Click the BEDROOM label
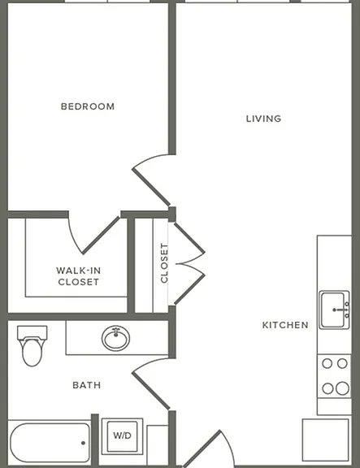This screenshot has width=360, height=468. click(x=88, y=106)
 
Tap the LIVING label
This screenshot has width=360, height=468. click(x=263, y=119)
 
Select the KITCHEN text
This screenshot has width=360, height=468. click(x=285, y=325)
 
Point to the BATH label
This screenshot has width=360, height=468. click(x=87, y=385)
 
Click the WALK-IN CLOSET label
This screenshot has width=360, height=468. click(x=79, y=276)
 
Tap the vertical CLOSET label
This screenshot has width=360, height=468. click(x=164, y=263)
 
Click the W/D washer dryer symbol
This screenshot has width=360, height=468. click(x=122, y=436)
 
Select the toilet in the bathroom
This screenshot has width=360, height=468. click(x=32, y=346)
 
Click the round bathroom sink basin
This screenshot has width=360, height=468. click(x=116, y=338)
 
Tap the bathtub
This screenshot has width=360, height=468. click(x=50, y=442)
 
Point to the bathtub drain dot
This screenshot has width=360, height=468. click(x=83, y=443)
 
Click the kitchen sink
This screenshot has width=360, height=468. click(x=334, y=310)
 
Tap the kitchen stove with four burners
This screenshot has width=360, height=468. click(x=334, y=376)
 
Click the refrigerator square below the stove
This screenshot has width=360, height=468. click(x=326, y=440)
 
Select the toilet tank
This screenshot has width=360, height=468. click(x=33, y=331)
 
